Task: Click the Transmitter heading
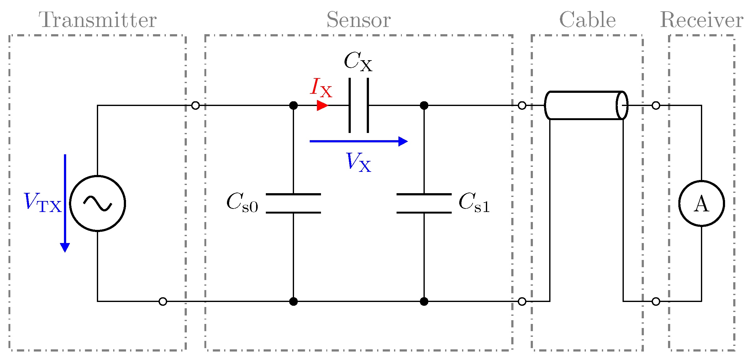97,20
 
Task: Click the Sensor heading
358,20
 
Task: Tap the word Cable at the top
587,20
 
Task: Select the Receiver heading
701,20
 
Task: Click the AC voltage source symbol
97,204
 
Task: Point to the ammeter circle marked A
701,204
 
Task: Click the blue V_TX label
43,202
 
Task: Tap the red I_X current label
321,87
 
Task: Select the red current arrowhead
322,105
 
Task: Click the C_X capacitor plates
359,105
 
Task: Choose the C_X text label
358,61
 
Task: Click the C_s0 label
242,203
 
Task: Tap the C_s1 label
474,203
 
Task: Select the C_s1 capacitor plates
424,204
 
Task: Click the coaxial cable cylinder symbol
586,105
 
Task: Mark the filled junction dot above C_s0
293,105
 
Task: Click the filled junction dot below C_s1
424,301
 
